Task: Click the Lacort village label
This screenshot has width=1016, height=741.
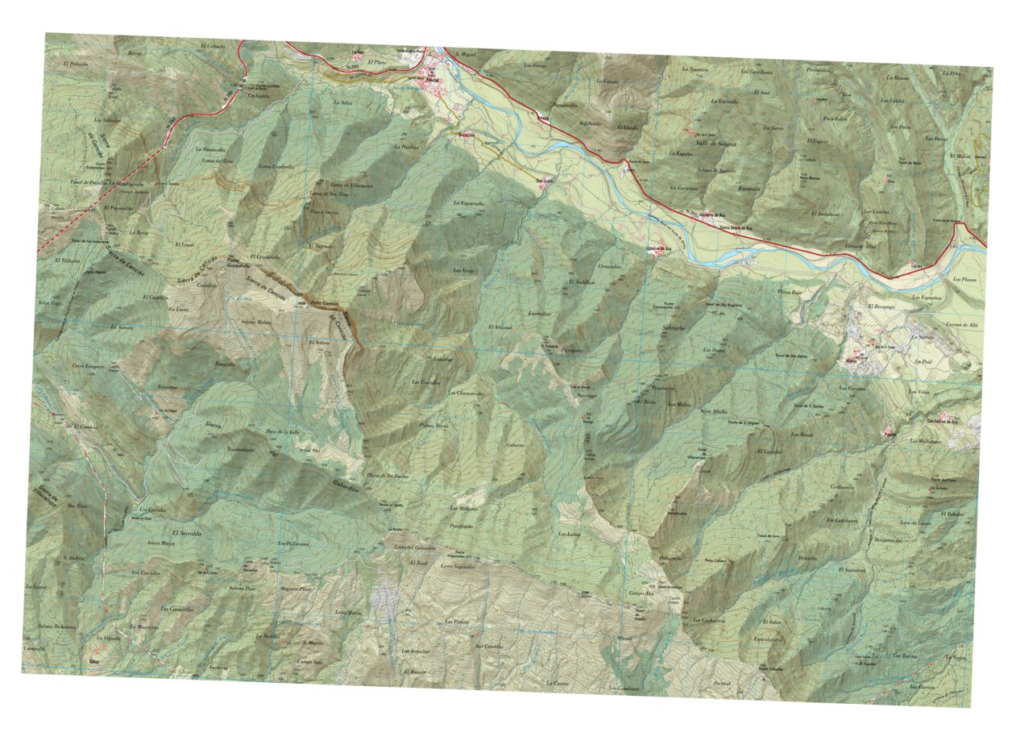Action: click(915, 264)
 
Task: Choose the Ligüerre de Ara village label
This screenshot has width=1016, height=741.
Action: click(660, 248)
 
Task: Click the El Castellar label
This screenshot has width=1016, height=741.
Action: click(771, 453)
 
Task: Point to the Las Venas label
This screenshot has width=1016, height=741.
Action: click(464, 270)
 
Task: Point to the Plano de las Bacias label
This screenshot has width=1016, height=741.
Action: click(387, 477)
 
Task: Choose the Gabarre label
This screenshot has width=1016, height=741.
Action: click(516, 444)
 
